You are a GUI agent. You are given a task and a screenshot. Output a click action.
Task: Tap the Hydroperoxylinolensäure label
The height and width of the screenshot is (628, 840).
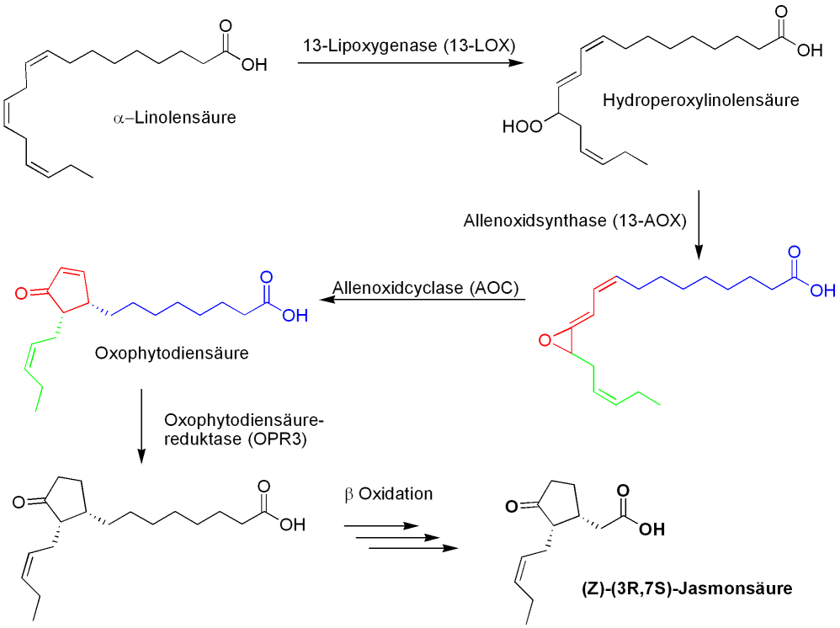700,101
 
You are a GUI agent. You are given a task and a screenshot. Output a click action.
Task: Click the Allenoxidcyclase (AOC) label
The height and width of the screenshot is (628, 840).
426,288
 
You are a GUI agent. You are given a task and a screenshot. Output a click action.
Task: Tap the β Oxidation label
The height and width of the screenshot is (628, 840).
388,493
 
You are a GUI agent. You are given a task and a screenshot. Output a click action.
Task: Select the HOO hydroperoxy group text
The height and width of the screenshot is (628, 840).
521,127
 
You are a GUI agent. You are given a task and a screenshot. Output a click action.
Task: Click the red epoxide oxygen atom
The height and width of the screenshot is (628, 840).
545,341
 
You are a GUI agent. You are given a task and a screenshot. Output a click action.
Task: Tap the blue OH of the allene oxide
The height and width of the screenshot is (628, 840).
821,291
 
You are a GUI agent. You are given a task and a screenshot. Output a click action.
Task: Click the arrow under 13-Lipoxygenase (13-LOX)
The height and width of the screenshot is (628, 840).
407,64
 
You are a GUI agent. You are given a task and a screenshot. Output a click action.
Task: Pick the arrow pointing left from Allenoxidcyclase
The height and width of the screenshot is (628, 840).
420,300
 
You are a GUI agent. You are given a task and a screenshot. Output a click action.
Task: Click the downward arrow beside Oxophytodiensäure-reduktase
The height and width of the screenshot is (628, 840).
141,425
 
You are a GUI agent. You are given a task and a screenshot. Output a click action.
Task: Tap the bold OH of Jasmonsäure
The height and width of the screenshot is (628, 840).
651,531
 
